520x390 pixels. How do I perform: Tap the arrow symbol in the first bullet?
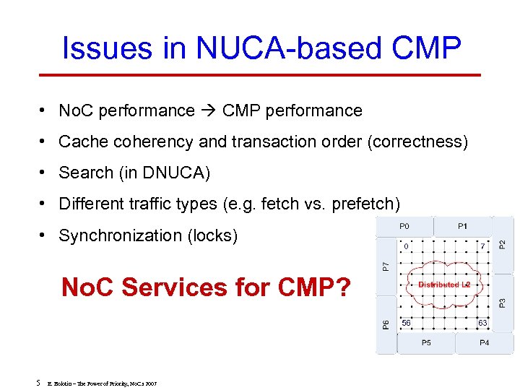209,110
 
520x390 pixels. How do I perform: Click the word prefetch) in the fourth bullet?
365,204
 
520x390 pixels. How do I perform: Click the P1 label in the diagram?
462,226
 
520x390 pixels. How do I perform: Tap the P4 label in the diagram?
484,342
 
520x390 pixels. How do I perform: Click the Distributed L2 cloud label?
443,285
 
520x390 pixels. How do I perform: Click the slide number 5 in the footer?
36,382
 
